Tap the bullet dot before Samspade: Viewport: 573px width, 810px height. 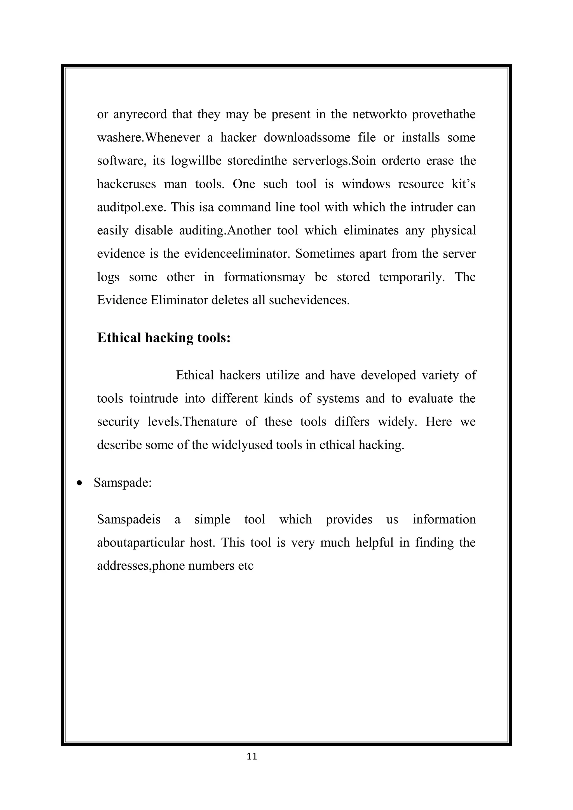coord(80,483)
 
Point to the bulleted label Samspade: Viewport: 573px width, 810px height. coord(123,483)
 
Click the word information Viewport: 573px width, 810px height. coord(444,519)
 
